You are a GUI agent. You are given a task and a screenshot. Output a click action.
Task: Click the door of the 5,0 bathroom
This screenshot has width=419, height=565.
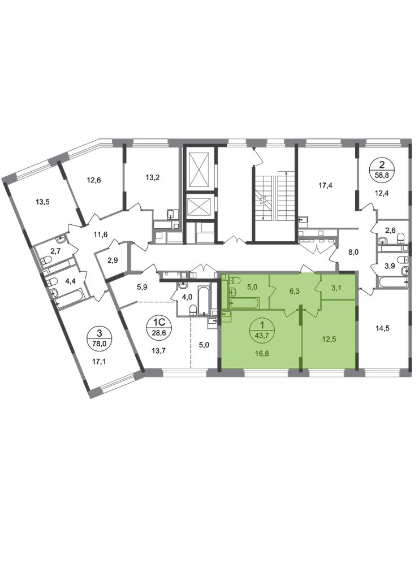tap(271, 292)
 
